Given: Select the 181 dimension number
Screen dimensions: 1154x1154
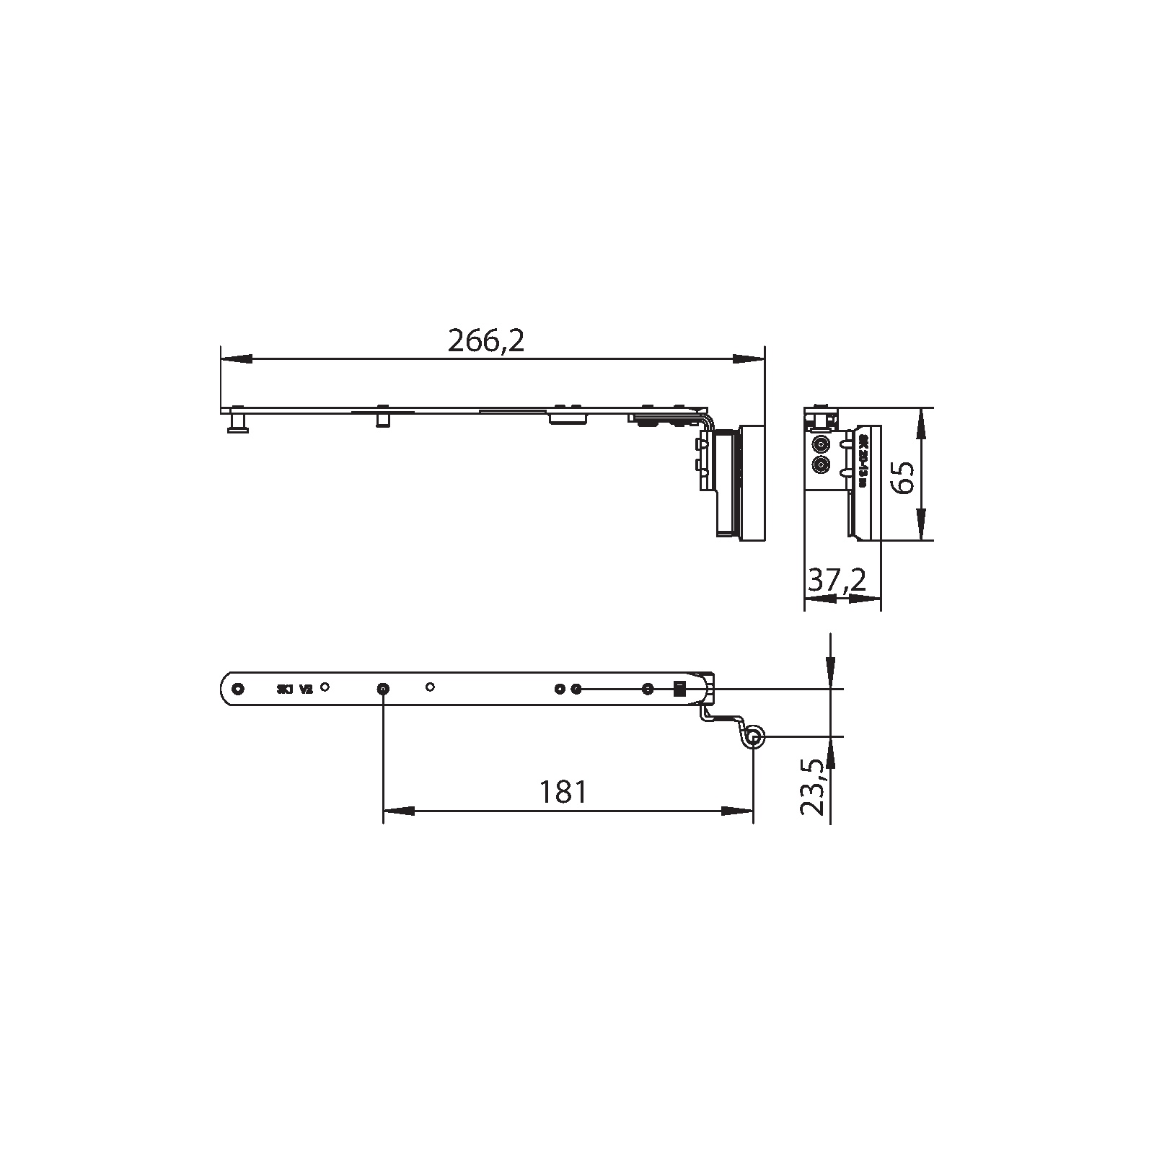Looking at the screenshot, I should [x=563, y=792].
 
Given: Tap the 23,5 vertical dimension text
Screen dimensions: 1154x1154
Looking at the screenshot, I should [x=813, y=787].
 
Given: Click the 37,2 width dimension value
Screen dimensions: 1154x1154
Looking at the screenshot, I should [x=837, y=580].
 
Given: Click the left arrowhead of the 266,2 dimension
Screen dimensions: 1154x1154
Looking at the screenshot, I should [x=237, y=358].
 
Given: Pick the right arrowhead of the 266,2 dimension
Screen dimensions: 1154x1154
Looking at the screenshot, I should [x=748, y=358].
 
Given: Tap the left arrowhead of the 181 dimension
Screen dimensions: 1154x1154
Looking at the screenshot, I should [x=399, y=811].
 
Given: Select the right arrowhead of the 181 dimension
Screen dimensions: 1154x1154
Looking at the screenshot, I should [x=737, y=811].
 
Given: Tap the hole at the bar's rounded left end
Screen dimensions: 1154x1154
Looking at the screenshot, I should [x=239, y=688].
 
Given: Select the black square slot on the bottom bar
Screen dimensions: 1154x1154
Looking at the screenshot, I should [x=679, y=689].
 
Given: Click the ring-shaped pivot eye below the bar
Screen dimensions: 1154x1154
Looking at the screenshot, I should [x=754, y=737].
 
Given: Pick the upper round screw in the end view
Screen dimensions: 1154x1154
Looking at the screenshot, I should [x=821, y=444].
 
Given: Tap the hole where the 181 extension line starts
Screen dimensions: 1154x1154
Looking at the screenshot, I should [x=383, y=689].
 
